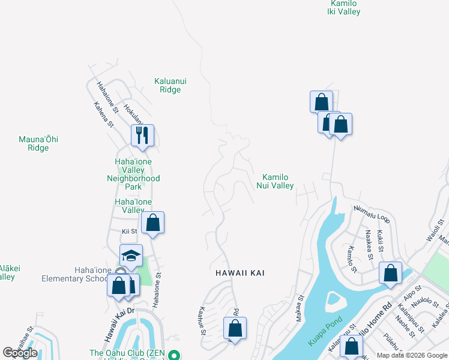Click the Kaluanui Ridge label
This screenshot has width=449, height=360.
pyautogui.click(x=167, y=85)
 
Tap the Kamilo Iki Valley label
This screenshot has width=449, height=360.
pyautogui.click(x=343, y=7)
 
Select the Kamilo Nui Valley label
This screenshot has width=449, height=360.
pyautogui.click(x=278, y=181)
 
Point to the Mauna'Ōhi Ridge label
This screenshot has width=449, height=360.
pyautogui.click(x=38, y=143)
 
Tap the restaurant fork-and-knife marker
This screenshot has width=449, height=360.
pyautogui.click(x=142, y=135)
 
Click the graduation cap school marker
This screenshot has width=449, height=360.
pyautogui.click(x=131, y=256)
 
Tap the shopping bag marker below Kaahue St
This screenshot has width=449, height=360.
pyautogui.click(x=235, y=328)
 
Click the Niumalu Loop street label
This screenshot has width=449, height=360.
pyautogui.click(x=372, y=214)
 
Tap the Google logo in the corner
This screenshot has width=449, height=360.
pyautogui.click(x=20, y=353)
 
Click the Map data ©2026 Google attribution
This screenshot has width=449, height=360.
pyautogui.click(x=412, y=355)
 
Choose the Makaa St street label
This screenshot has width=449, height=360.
pyautogui.click(x=300, y=308)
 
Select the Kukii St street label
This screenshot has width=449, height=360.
pyautogui.click(x=380, y=239)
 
